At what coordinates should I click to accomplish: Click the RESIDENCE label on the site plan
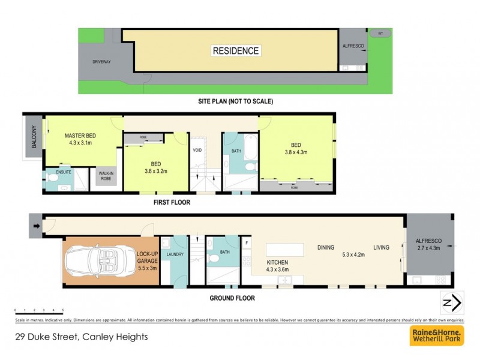(236, 51)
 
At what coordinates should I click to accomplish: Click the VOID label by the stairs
(197, 151)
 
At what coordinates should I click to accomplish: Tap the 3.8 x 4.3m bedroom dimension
(295, 152)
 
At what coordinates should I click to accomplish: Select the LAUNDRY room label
(175, 254)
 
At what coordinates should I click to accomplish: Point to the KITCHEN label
(278, 262)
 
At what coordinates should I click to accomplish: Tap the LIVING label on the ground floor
(381, 247)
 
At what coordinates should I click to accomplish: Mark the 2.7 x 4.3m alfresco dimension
(428, 247)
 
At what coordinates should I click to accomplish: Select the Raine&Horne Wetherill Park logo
(436, 336)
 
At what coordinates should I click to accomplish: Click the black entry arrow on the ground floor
(36, 226)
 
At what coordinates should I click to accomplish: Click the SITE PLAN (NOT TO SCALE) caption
(235, 101)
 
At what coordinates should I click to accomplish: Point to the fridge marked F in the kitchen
(247, 242)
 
